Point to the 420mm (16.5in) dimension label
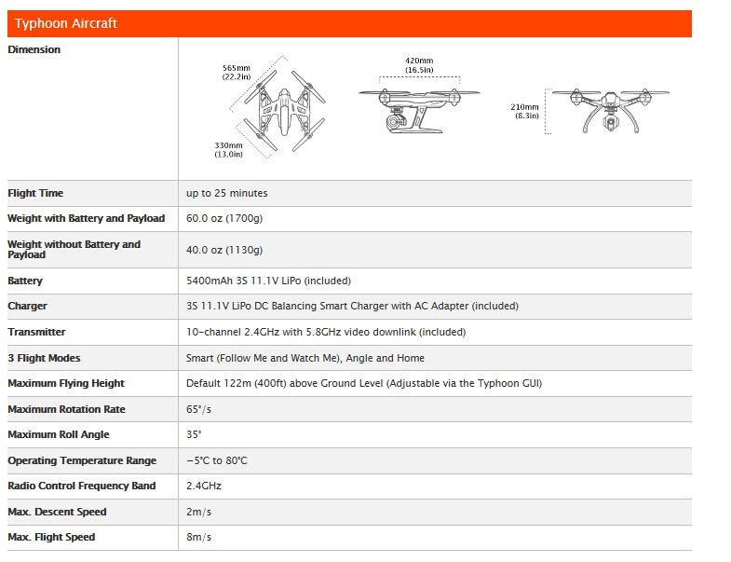(x=419, y=64)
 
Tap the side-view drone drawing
(x=419, y=107)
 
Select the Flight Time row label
(x=34, y=193)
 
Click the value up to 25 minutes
(x=227, y=193)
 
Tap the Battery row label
(x=25, y=281)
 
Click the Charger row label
(x=27, y=306)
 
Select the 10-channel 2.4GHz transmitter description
(x=326, y=332)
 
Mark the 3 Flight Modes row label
(x=44, y=358)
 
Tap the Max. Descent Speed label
(x=57, y=512)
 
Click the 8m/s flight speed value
(x=199, y=537)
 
